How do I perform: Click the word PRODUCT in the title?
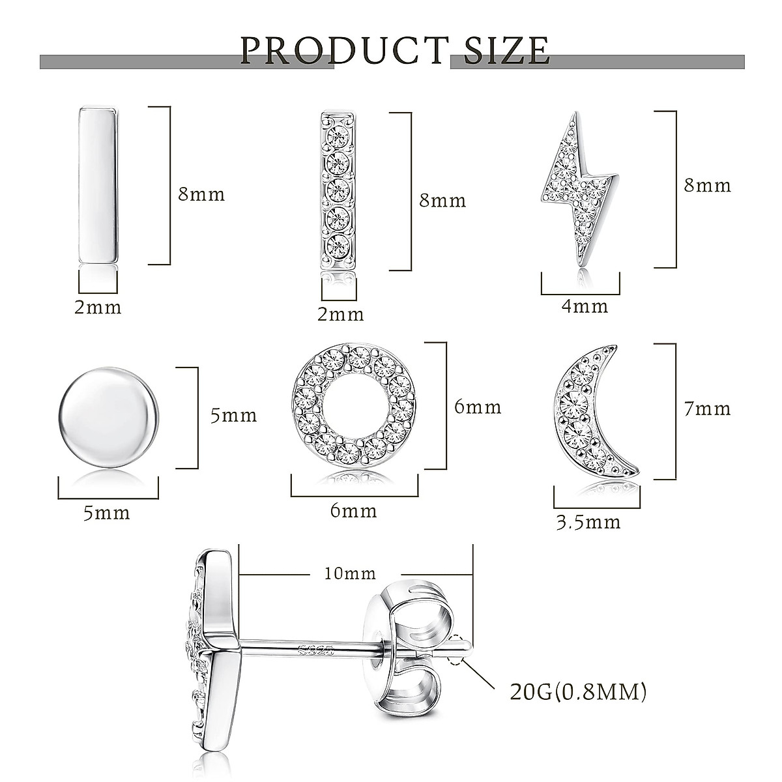tap(345, 51)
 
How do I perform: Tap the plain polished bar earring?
tap(99, 185)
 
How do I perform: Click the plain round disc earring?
tap(109, 417)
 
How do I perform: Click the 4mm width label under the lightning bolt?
tap(585, 306)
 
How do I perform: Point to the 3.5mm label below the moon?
tap(588, 522)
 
